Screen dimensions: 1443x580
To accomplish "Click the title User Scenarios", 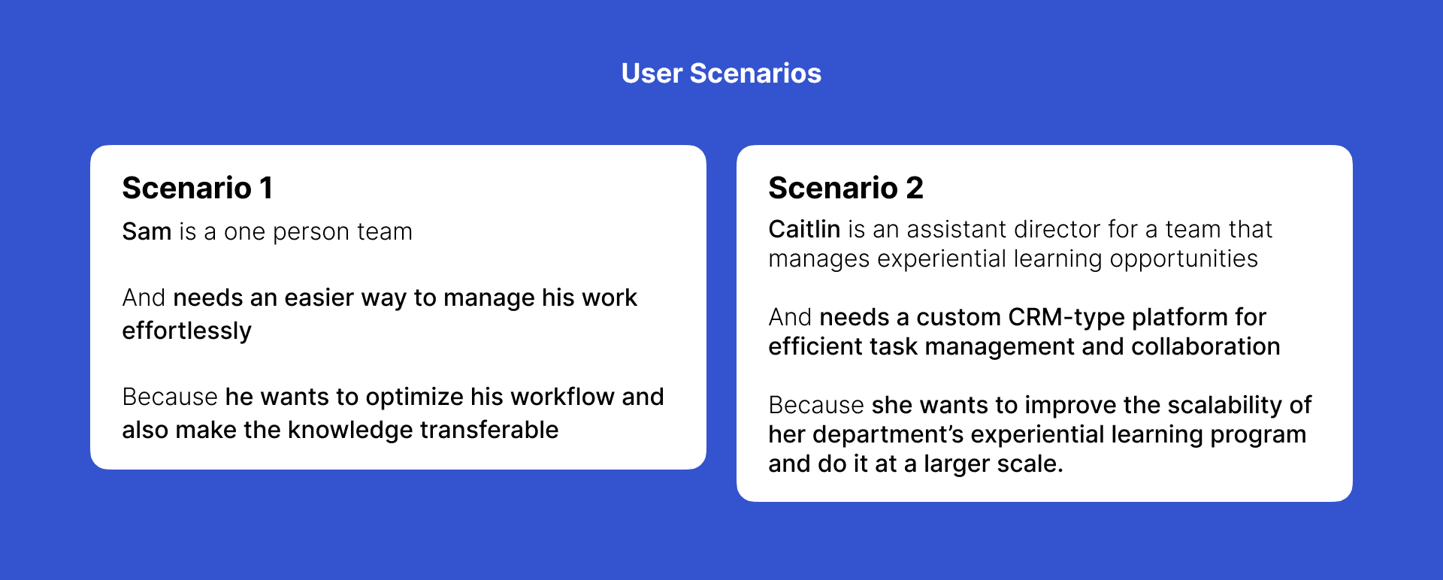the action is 721,74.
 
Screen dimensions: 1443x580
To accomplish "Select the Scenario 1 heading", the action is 197,188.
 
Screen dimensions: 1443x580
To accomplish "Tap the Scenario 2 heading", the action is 846,188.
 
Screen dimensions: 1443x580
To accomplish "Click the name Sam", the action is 147,231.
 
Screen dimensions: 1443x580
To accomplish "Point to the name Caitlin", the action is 804,228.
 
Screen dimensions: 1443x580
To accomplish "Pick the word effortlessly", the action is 187,331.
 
